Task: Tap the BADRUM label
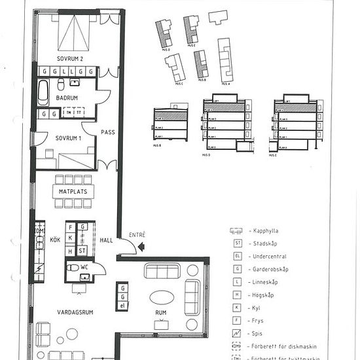pyautogui.click(x=67, y=98)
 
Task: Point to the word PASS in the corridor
pyautogui.click(x=107, y=132)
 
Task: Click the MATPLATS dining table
pyautogui.click(x=73, y=191)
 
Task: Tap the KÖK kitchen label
pyautogui.click(x=55, y=240)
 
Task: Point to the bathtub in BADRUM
pyautogui.click(x=43, y=92)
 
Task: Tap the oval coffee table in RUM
pyautogui.click(x=162, y=297)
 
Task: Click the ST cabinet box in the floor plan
pyautogui.click(x=82, y=251)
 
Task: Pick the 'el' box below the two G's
pyautogui.click(x=122, y=306)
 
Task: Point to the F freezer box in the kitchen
pyautogui.click(x=82, y=227)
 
